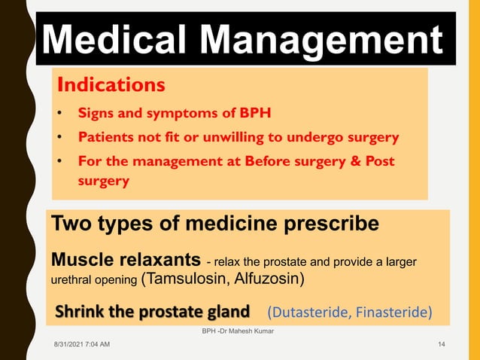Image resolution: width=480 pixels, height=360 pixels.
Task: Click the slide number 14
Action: [x=442, y=344]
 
